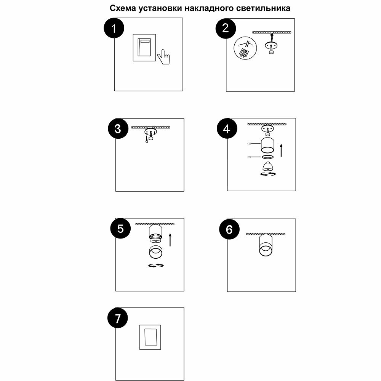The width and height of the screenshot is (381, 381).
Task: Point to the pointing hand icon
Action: click(x=164, y=57)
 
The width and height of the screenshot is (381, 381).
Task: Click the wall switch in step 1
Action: click(x=144, y=47)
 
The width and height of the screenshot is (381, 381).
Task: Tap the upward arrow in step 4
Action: click(x=281, y=150)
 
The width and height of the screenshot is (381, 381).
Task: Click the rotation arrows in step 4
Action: click(x=268, y=174)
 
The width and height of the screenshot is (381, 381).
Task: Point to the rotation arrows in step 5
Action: click(x=156, y=265)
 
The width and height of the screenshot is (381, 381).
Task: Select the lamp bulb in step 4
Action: click(x=268, y=166)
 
